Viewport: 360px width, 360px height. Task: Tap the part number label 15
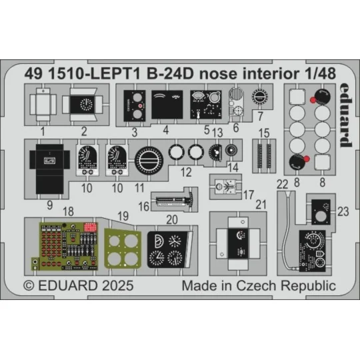point(264,133)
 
